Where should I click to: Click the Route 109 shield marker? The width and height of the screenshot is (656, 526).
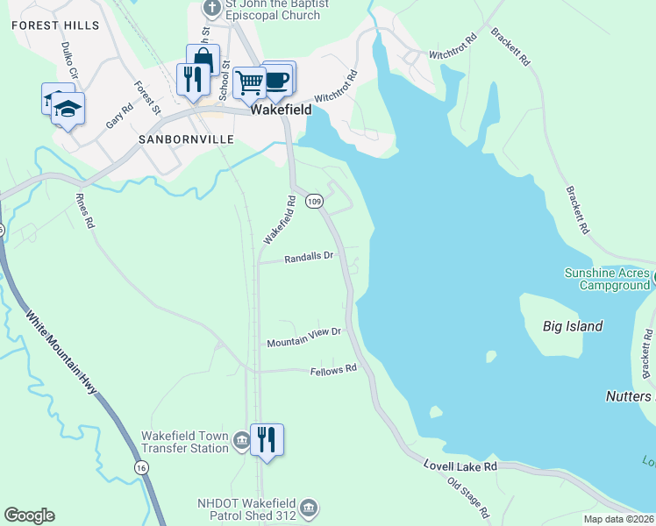tap(315, 202)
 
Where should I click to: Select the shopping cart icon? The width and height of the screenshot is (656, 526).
tap(250, 82)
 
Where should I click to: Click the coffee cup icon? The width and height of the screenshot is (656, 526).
tap(278, 79)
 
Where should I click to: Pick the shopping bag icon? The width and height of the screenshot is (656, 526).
tap(203, 60)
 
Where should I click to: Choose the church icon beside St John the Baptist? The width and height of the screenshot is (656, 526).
tap(211, 8)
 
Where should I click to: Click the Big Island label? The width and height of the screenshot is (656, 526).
tap(573, 326)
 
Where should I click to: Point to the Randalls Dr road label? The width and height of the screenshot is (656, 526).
tap(309, 258)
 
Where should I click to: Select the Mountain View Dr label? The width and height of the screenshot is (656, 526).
tap(303, 337)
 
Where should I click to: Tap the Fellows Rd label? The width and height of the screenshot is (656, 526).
tap(334, 371)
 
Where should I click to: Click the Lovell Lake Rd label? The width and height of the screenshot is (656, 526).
tap(460, 466)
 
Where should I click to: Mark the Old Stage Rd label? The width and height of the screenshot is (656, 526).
tap(467, 495)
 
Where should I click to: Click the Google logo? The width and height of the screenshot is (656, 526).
tap(29, 515)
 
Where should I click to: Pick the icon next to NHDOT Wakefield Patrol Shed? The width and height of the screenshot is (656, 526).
tap(308, 508)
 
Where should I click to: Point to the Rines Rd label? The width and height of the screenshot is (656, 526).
tap(84, 210)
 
